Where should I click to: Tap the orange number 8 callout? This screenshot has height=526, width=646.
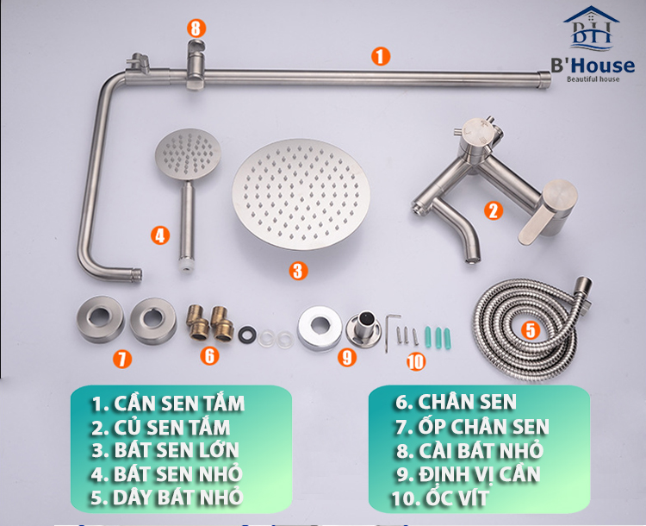click(x=196, y=28)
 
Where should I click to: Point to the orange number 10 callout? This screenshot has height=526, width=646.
click(x=416, y=361)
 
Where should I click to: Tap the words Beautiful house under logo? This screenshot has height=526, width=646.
click(x=594, y=79)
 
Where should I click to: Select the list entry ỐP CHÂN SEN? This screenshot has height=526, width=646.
click(x=472, y=426)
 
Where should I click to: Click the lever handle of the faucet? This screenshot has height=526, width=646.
click(x=551, y=211)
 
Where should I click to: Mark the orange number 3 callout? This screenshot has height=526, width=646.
click(x=297, y=271)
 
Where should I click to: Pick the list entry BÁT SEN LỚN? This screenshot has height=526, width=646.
click(x=165, y=449)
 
